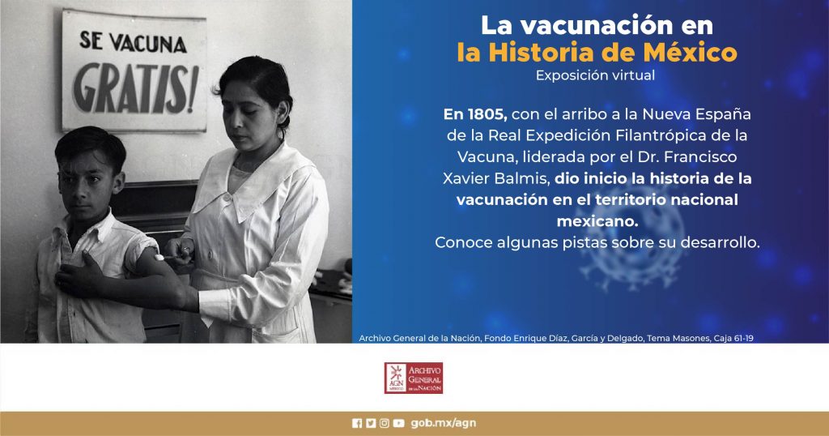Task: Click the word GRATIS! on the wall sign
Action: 135,88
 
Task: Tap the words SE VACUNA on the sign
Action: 134,42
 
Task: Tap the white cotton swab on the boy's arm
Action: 159,257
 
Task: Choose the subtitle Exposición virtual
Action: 595,75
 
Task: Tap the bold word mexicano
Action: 597,221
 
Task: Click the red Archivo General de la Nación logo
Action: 414,378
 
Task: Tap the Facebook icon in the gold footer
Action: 357,423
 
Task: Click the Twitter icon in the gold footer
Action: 371,423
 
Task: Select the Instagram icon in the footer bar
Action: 385,423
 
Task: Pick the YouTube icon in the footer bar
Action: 398,423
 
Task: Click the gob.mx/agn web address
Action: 443,423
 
